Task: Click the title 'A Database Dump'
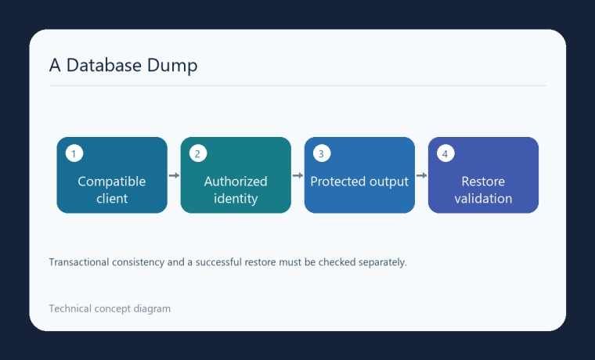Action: click(x=124, y=65)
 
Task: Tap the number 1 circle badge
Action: click(x=74, y=153)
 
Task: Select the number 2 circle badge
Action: click(x=198, y=153)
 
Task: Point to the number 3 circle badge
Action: click(x=322, y=153)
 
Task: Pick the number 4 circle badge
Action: click(x=445, y=153)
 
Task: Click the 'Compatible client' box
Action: click(x=112, y=175)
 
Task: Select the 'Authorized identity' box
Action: click(x=236, y=175)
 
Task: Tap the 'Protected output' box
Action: click(x=359, y=175)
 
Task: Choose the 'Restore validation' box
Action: click(x=483, y=175)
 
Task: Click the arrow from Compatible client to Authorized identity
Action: click(x=174, y=175)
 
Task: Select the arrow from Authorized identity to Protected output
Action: click(x=297, y=175)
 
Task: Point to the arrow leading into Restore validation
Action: click(x=421, y=175)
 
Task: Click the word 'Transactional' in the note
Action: click(x=79, y=262)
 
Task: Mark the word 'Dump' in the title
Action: click(x=172, y=66)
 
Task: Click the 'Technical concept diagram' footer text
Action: click(x=110, y=309)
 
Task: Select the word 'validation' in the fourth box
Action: click(x=483, y=199)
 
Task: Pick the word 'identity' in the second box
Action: click(x=236, y=199)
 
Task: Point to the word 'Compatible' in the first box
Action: click(x=112, y=182)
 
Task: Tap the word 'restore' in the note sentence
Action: click(x=260, y=262)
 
